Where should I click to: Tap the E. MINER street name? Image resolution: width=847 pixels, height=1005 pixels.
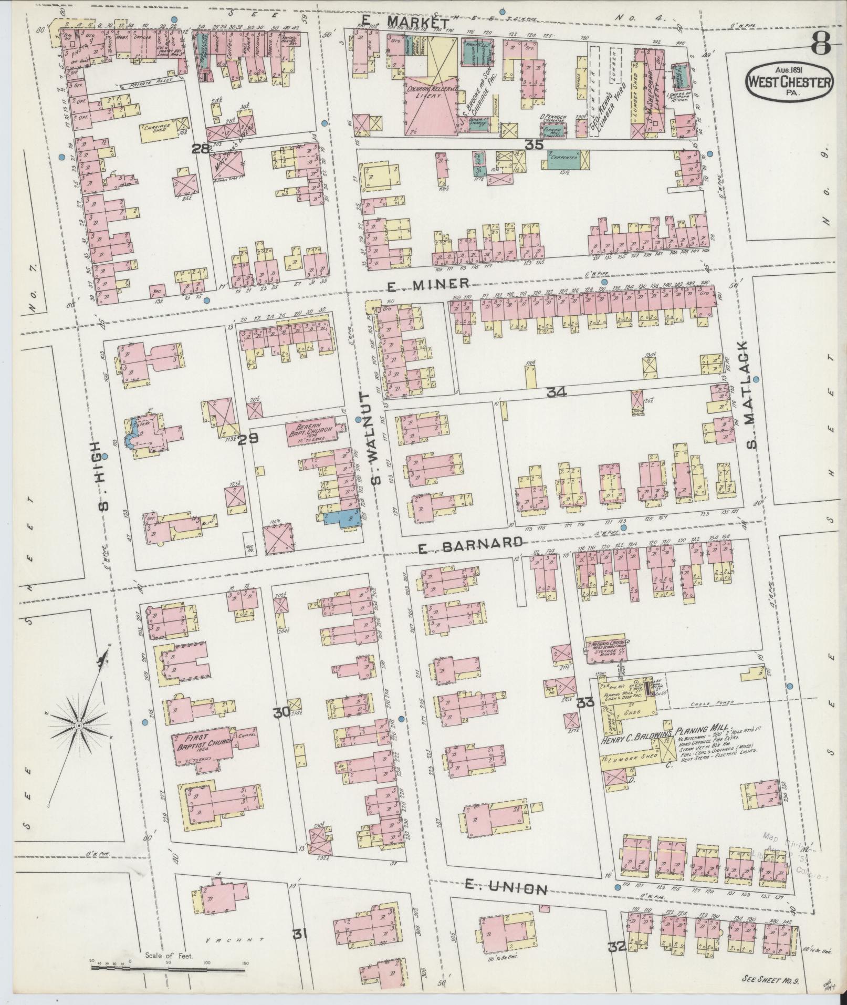(427, 284)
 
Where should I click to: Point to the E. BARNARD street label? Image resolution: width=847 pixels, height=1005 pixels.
(470, 546)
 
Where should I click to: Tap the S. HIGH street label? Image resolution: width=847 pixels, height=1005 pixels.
(104, 475)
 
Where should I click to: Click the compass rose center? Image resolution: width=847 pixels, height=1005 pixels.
(78, 726)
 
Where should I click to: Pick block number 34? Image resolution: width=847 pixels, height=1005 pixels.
(556, 392)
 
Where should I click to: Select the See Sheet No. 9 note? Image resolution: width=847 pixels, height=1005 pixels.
(771, 979)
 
